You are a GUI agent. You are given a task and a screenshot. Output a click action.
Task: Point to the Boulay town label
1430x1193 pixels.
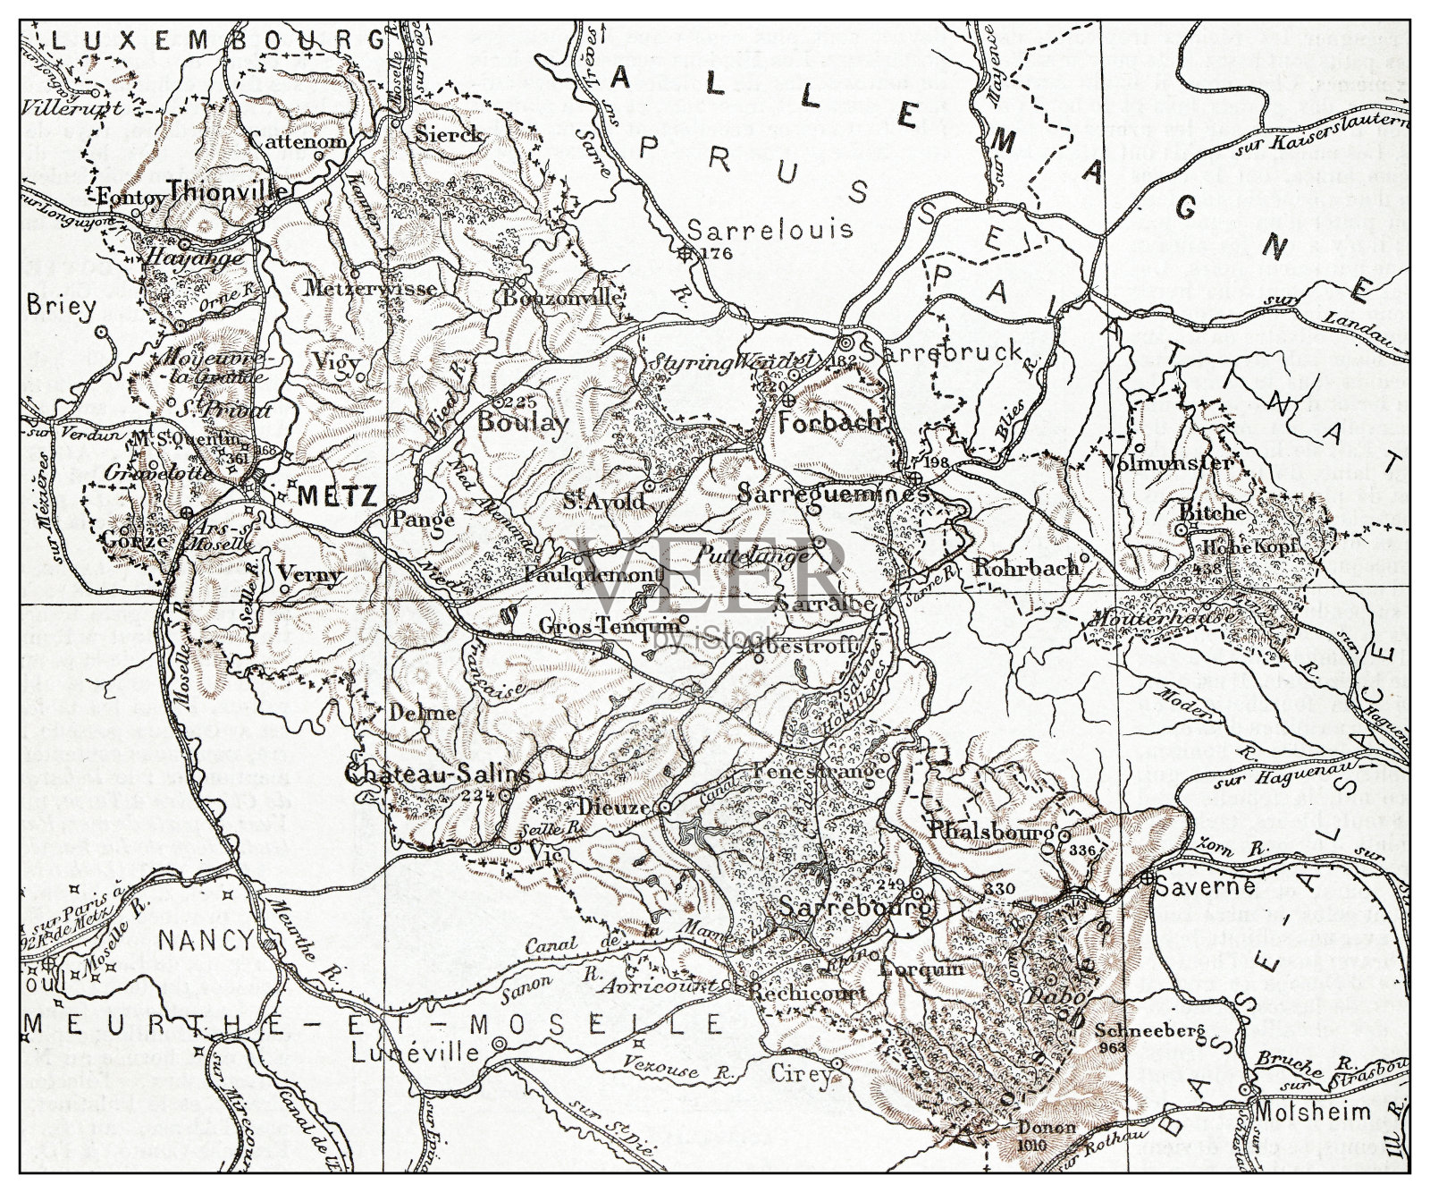[x=523, y=422]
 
